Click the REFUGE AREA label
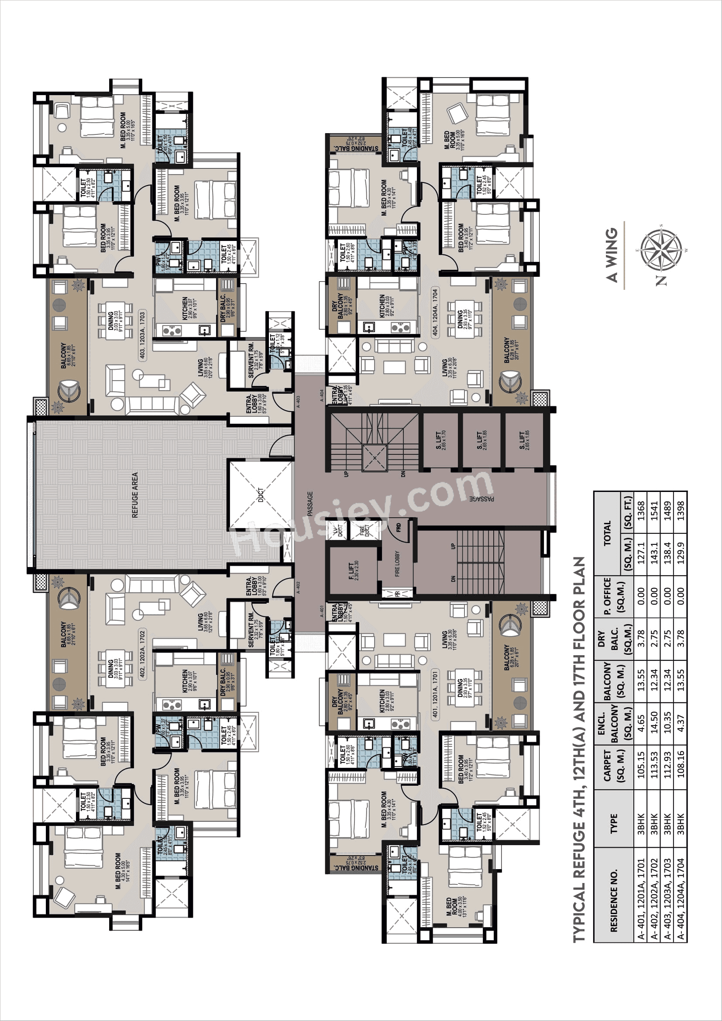coord(135,495)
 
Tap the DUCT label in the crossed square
coord(261,495)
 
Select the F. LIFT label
coord(351,571)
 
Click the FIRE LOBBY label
coord(397,564)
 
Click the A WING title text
coord(612,255)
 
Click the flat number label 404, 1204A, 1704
coord(435,312)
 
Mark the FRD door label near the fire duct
coord(399,527)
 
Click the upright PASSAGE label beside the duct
coord(310,503)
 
